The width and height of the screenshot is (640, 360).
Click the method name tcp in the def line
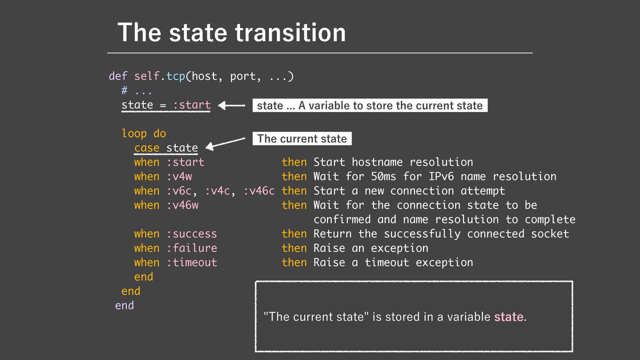pos(175,76)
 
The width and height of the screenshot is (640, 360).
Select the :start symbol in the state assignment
pos(192,105)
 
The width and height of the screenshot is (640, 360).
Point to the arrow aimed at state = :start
pos(232,106)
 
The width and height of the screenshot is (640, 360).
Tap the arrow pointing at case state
pos(225,142)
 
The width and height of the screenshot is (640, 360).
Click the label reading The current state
pos(302,139)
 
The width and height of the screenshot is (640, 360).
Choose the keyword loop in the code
pos(134,134)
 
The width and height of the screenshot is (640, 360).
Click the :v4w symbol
pos(179,176)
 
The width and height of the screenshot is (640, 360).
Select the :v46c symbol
pos(259,191)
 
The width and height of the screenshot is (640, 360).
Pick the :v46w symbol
pos(182,205)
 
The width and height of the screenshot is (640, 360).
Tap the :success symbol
pos(192,234)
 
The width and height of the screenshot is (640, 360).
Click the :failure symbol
pos(192,248)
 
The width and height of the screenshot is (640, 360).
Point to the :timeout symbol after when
pos(192,262)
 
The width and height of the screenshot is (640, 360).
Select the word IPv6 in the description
pos(441,176)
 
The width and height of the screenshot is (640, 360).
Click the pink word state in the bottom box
pos(509,317)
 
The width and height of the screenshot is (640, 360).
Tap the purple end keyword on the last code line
pos(124,305)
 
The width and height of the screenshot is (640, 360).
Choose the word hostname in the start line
pos(377,162)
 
